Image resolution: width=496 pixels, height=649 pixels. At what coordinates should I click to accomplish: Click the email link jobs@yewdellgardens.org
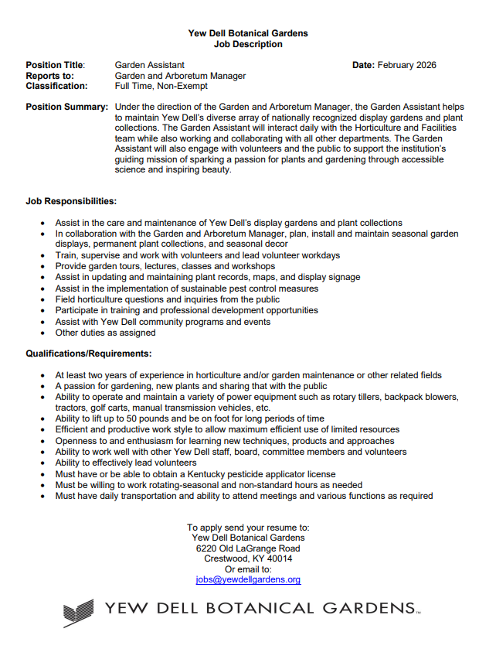coord(248,579)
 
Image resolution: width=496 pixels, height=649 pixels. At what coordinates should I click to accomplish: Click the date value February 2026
coord(407,65)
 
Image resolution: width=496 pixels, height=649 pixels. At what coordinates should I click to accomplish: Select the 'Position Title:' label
coord(56,65)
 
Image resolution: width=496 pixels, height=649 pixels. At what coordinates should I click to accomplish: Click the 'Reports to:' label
coord(50,76)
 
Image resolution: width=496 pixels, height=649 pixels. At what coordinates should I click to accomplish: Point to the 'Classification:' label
coord(56,87)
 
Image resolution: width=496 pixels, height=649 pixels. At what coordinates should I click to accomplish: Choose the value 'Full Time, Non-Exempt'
coord(161,87)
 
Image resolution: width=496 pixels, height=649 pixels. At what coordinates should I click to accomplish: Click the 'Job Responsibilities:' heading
coord(71,201)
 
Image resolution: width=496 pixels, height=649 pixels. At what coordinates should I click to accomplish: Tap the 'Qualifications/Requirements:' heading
coord(88,354)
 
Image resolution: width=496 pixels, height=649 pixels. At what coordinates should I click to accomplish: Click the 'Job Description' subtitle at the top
coord(248,44)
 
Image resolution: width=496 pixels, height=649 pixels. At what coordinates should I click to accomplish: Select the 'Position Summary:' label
coord(67,107)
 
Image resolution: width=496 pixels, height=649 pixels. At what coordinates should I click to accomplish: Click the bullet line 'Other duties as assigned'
coord(105,333)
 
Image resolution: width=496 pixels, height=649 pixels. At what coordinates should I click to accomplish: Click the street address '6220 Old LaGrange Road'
coord(248,548)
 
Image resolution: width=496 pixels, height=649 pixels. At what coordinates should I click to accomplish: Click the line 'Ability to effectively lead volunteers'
coord(126,463)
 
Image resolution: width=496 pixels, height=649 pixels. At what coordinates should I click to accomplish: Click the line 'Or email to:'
coord(248,569)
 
